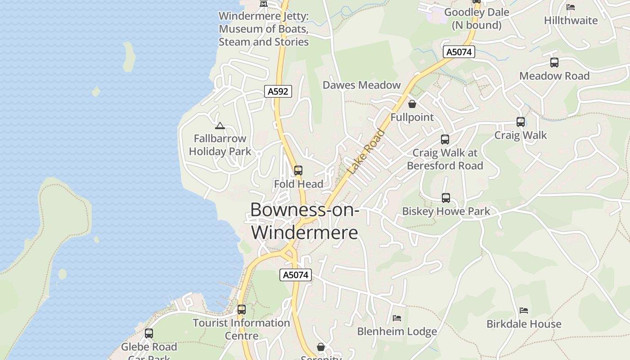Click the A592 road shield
coord(278,91)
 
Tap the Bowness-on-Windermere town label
coord(305,221)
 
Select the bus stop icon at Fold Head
coord(298,171)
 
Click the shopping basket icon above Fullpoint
coord(412,104)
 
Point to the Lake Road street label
coord(367,152)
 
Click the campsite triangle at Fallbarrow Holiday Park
coord(220,126)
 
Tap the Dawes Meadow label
coord(361,85)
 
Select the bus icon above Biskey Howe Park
coord(445,198)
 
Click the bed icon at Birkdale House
coord(523,310)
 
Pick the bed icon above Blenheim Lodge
coord(396,318)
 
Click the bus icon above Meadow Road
coord(554,63)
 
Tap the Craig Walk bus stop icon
coord(521,122)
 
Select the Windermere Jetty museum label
coord(264,29)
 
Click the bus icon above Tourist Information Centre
coord(242,310)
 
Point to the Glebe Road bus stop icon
coord(149,333)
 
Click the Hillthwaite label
coord(571,20)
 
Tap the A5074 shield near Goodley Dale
coord(459,52)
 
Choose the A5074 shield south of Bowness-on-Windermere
coord(296,274)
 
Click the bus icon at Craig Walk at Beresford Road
coord(445,139)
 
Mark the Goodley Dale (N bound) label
coord(477,18)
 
